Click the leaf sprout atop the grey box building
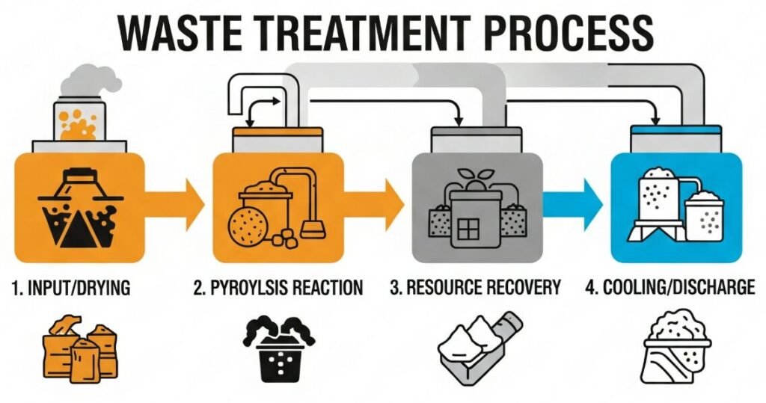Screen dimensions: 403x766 point(470,176)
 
